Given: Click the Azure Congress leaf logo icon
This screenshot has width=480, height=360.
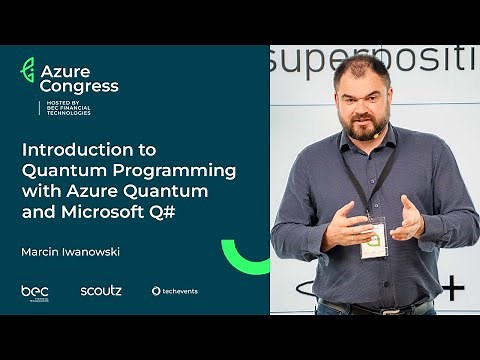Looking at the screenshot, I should click(x=28, y=70).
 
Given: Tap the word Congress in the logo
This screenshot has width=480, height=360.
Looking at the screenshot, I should click(x=79, y=86).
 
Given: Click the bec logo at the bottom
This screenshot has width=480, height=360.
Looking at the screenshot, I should click(x=35, y=291).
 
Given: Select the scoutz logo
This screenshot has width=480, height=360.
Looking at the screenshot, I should click(x=101, y=290).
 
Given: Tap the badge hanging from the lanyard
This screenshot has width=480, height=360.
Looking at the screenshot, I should click(x=373, y=239).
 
